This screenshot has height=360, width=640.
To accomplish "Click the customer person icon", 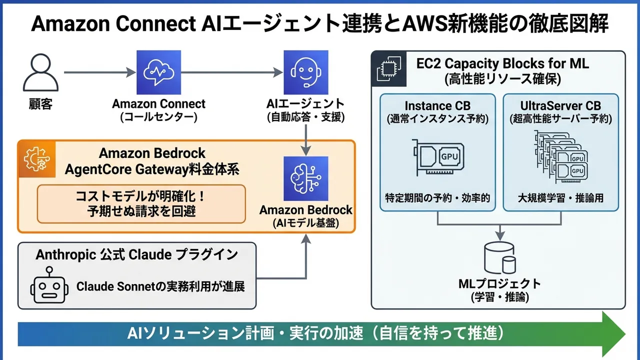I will [x=40, y=72].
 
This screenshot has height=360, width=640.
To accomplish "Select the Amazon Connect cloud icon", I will [x=158, y=72].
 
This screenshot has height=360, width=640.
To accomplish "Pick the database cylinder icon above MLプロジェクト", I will [x=499, y=257].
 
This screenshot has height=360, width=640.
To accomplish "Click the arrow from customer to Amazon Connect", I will [x=100, y=73].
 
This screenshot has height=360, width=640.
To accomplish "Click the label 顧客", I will [x=40, y=104].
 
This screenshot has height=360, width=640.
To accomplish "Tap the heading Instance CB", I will [x=437, y=105].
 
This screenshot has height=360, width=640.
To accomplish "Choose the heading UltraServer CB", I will [x=560, y=105].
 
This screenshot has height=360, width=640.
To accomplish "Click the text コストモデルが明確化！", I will [x=140, y=196].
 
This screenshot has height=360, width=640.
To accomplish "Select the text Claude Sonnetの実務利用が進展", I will [x=160, y=287].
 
